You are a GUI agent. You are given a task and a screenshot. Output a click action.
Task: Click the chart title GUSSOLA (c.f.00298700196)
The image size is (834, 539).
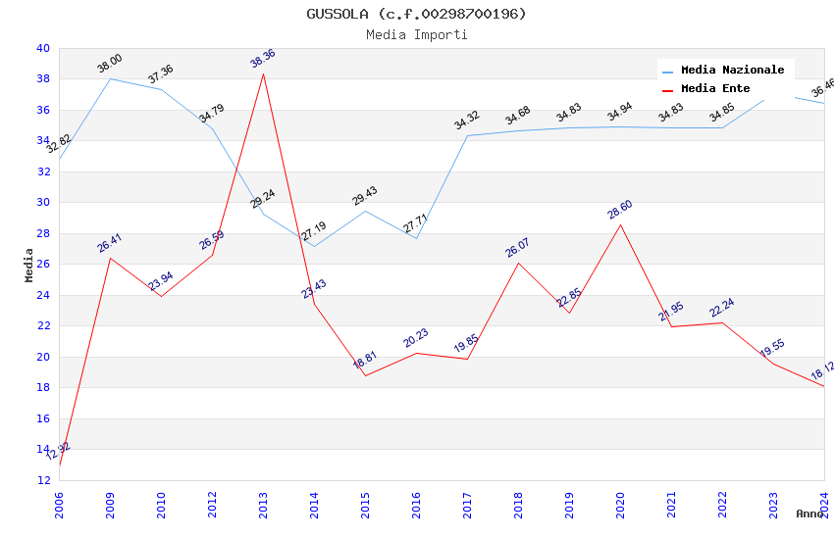click(416, 14)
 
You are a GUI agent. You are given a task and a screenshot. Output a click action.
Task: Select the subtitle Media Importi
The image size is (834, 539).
click(416, 34)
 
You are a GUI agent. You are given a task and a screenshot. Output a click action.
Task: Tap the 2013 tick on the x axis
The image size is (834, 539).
click(263, 505)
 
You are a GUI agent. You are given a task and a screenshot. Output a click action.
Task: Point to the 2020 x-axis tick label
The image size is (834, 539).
click(620, 505)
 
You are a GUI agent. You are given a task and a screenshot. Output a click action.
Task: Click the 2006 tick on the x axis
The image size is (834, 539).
click(59, 505)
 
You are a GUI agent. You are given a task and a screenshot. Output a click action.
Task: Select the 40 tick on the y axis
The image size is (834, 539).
click(42, 48)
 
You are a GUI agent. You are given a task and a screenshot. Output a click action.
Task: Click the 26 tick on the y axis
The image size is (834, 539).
click(42, 265)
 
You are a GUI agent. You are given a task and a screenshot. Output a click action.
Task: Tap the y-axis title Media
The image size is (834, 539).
click(29, 265)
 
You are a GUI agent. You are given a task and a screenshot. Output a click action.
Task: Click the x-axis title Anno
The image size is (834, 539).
click(809, 514)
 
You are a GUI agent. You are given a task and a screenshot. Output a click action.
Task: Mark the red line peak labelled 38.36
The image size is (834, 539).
click(263, 73)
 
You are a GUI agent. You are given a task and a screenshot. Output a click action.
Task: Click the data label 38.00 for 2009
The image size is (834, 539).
click(110, 64)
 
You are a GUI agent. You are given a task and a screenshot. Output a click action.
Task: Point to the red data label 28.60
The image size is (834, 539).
click(620, 209)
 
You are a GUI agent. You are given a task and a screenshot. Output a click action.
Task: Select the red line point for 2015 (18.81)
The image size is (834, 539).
click(365, 375)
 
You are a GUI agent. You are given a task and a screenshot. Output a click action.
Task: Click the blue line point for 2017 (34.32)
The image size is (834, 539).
click(467, 135)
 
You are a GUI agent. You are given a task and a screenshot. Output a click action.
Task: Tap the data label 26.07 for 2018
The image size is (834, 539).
click(518, 247)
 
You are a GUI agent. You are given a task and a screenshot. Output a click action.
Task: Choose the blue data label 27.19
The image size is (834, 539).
click(314, 231)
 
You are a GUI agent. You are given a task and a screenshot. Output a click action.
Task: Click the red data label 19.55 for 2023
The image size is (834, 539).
click(773, 349)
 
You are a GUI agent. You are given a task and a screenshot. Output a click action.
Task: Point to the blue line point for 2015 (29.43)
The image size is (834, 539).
click(365, 211)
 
